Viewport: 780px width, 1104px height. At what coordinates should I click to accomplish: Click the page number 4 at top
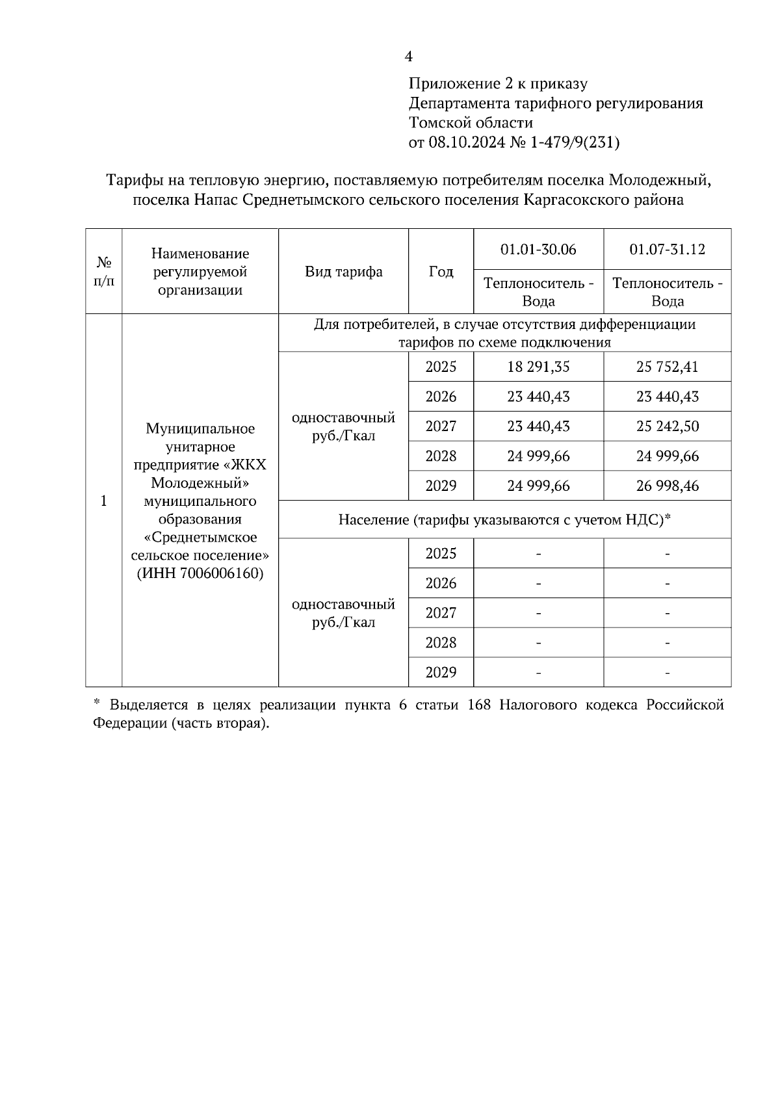click(x=408, y=57)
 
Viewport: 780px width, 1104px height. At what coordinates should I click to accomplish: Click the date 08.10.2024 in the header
click(x=466, y=142)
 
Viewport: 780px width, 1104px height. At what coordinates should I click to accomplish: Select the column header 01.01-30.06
click(x=538, y=250)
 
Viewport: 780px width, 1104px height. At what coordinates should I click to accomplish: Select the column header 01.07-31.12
click(x=667, y=250)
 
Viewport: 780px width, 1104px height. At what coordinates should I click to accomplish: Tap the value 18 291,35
click(x=538, y=367)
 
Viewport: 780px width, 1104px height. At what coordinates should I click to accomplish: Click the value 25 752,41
click(x=667, y=367)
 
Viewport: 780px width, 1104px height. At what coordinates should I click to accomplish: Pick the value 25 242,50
click(x=667, y=427)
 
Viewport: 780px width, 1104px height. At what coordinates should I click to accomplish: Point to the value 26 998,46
click(x=667, y=486)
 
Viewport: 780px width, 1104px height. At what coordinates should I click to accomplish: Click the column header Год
click(x=441, y=272)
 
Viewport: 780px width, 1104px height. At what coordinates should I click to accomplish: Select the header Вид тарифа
click(x=343, y=272)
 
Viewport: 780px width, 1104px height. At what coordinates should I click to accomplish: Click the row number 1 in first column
click(x=103, y=501)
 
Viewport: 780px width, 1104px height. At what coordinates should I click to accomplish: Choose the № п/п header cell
click(x=103, y=272)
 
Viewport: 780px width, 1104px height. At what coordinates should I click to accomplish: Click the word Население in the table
click(x=373, y=520)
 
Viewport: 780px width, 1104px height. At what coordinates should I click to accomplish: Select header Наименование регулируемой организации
click(x=200, y=272)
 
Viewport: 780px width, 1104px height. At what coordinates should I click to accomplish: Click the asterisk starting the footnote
click(x=96, y=703)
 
